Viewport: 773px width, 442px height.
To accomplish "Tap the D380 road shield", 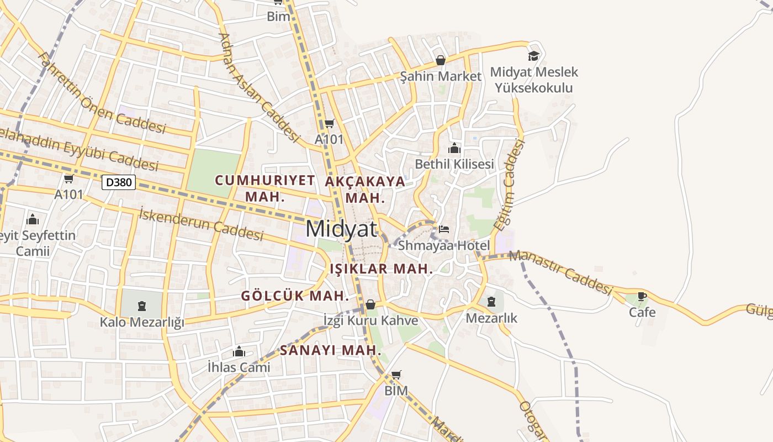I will click(x=119, y=182).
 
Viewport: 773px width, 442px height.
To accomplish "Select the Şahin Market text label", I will click(x=441, y=76).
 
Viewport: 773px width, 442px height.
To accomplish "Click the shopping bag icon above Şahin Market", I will click(x=441, y=60).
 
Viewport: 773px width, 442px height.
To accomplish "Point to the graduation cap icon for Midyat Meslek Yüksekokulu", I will click(x=533, y=56).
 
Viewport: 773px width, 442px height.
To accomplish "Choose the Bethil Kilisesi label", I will click(x=454, y=164).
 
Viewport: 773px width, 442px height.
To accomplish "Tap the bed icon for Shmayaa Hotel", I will click(x=444, y=229).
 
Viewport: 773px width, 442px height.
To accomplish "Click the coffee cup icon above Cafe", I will click(x=642, y=297).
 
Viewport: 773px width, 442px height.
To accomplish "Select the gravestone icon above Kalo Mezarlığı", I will click(x=142, y=305).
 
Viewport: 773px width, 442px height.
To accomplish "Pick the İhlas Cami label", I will click(x=239, y=367).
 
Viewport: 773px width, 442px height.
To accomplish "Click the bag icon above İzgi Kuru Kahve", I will click(x=370, y=304).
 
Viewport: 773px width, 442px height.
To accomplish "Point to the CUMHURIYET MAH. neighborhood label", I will click(x=265, y=188).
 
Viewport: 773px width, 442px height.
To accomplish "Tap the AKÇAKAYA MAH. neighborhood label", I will click(x=365, y=189).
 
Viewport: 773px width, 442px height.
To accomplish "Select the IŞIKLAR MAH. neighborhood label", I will click(x=381, y=269).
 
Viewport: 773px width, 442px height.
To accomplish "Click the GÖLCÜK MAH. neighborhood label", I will click(x=295, y=296).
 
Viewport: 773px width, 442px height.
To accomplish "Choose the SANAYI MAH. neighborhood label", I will click(x=331, y=350).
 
